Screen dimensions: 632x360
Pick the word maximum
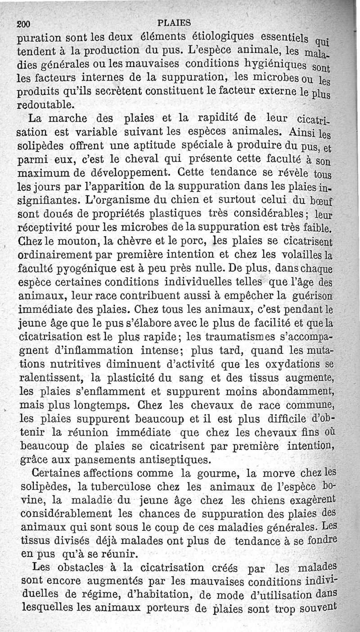pos(43,172)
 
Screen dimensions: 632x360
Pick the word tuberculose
pos(112,487)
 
